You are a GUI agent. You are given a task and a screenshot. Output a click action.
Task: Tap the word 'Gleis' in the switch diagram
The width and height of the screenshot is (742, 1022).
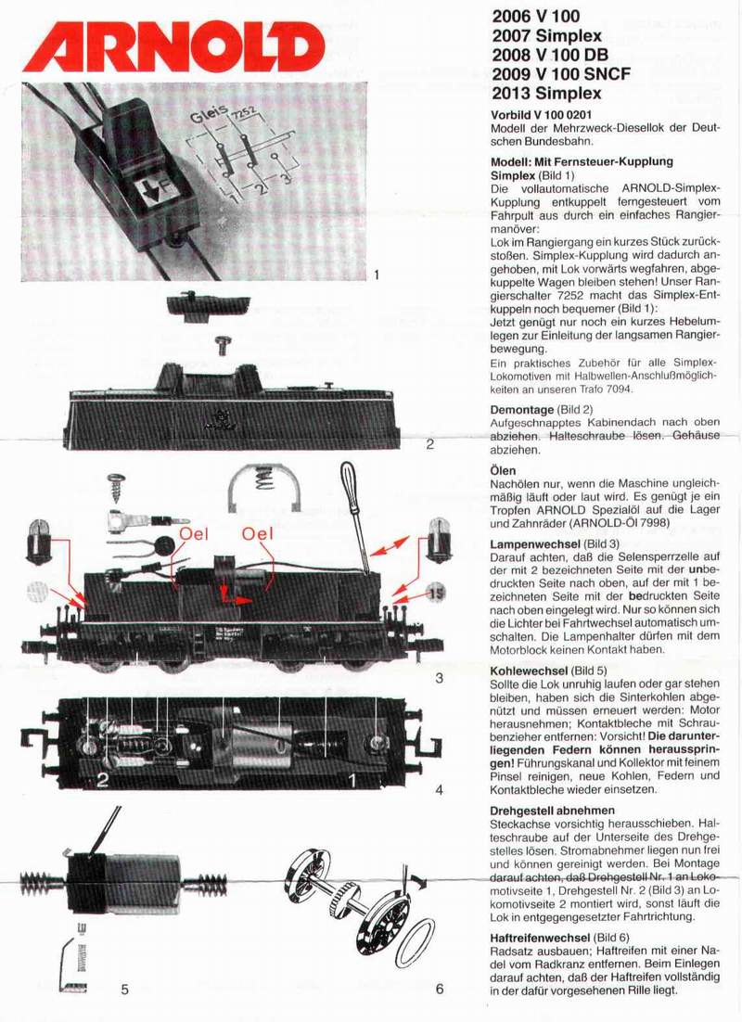coord(211,119)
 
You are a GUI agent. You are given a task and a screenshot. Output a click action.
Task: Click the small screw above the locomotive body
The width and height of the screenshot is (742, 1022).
coord(223,345)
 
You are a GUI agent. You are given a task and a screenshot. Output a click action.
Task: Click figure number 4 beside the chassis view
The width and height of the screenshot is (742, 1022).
coord(439,790)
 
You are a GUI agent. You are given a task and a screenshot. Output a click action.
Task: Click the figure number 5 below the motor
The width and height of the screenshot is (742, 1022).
coord(124,989)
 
